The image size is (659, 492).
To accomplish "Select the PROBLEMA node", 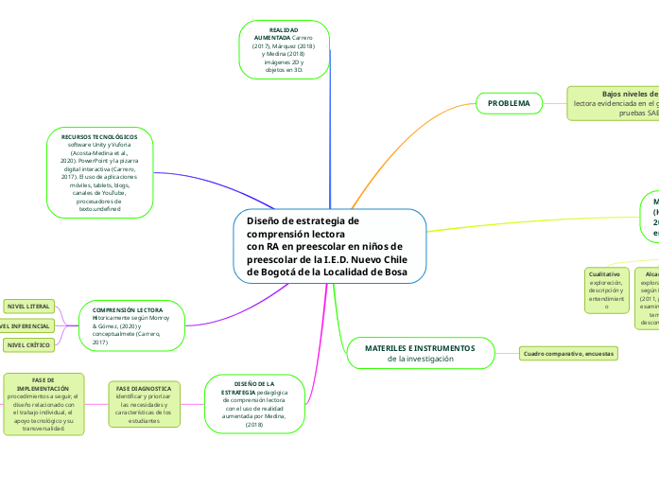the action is (509, 102).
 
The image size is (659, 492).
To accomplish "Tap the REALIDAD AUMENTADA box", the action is (284, 50).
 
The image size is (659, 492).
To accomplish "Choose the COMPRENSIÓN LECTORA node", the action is (132, 325).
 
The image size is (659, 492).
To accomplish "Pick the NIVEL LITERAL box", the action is (28, 307).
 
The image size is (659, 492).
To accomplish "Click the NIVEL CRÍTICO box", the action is (28, 345).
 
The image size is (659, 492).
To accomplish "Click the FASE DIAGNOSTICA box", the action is (144, 404).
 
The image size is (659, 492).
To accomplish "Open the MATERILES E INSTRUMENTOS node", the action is (420, 353).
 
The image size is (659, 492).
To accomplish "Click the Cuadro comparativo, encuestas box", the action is (569, 353).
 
